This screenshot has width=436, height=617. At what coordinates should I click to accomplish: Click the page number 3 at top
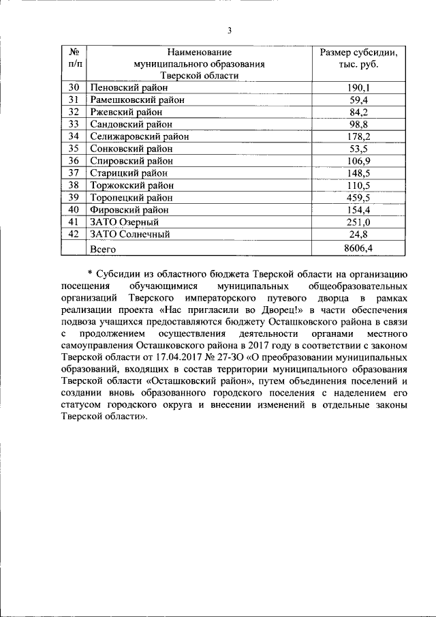230,31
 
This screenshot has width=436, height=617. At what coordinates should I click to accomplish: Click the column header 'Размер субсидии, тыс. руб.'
358,58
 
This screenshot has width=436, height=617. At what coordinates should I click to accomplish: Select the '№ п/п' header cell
75,58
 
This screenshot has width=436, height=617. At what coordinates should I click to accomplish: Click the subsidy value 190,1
358,88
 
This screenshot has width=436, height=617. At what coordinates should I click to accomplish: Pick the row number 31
75,100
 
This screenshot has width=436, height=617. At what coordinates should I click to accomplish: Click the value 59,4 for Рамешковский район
358,100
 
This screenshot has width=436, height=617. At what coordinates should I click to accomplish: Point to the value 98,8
358,124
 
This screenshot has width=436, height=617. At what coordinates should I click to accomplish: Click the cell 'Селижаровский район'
139,136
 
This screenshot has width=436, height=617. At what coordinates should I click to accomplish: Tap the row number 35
75,149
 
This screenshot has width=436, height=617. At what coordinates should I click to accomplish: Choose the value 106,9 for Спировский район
358,161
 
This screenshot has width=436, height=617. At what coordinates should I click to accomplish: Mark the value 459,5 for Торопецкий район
358,197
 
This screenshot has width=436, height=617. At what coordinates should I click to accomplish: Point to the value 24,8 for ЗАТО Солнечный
358,234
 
